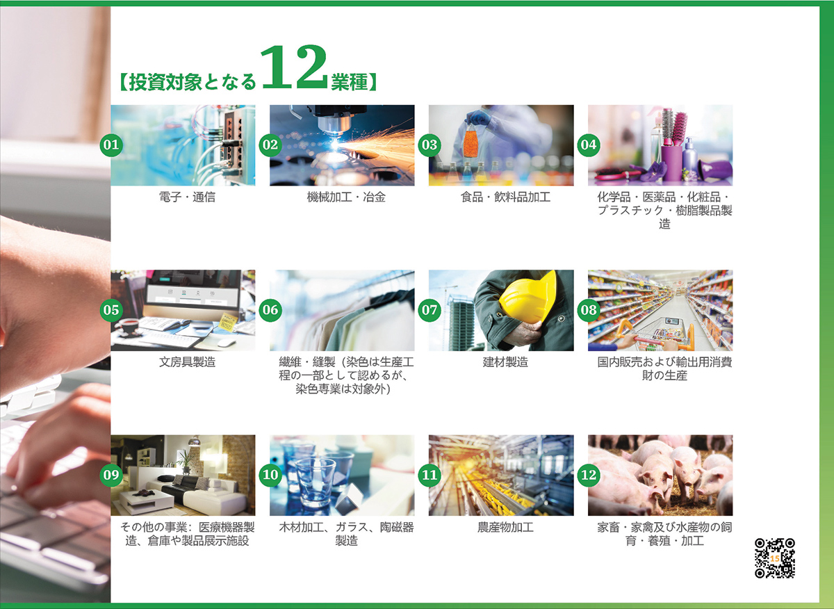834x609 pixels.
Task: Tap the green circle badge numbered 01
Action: click(111, 145)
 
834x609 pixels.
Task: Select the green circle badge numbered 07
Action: click(430, 310)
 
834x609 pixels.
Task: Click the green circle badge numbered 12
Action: click(589, 475)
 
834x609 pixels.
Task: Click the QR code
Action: click(775, 558)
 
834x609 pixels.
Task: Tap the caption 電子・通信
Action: click(187, 197)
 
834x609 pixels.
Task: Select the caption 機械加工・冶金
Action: click(346, 197)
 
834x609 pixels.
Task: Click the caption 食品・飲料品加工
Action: click(505, 197)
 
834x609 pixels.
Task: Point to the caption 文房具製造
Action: click(187, 362)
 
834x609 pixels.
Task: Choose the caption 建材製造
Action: click(505, 362)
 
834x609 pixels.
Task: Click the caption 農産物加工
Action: click(505, 528)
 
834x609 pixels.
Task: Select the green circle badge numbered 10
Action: click(270, 475)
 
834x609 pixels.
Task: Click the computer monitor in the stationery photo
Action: click(193, 293)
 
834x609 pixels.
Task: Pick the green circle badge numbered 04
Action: click(589, 145)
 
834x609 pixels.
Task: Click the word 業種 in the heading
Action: click(350, 82)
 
